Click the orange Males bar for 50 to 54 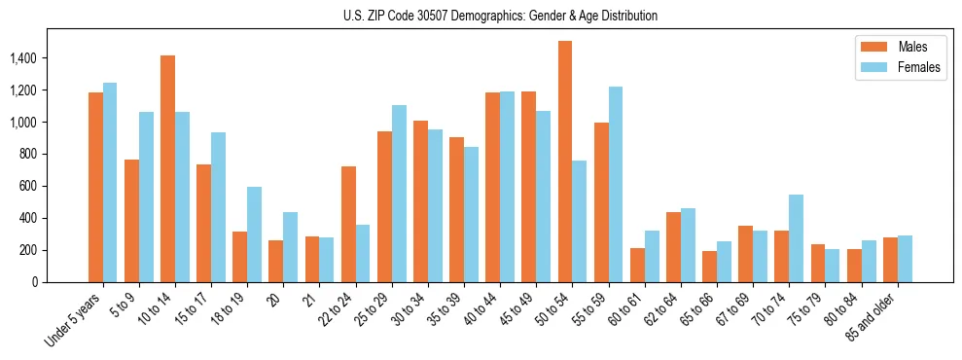point(564,162)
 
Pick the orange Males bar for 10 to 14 point(167,168)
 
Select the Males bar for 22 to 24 point(348,224)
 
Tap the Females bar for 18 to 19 point(254,234)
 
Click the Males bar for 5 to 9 point(131,221)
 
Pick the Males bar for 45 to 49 point(528,187)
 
